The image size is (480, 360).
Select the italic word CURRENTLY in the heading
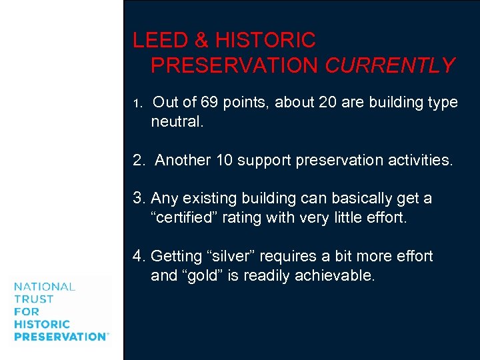coord(390,65)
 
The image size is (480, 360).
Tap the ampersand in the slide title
coord(202,41)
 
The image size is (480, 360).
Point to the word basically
coord(352,199)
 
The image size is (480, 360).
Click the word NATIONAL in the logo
coord(45,287)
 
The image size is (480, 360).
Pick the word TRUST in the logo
coord(33,299)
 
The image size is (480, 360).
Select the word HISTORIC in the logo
coord(42,325)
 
